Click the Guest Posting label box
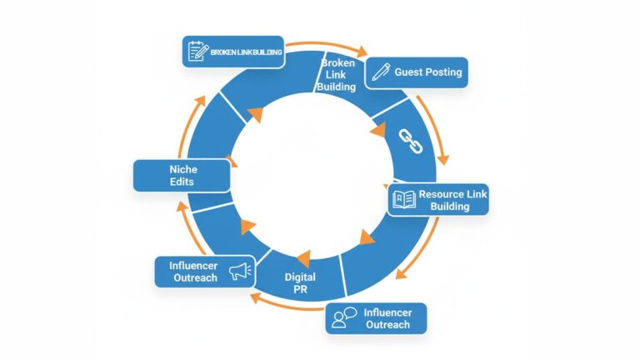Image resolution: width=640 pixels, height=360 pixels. click(x=417, y=72)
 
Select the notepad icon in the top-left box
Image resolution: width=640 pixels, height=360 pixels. click(x=197, y=52)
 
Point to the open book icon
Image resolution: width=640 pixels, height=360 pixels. click(x=403, y=200)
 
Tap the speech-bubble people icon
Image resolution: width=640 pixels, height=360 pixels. click(x=342, y=319)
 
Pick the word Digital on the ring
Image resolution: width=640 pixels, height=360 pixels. click(x=301, y=276)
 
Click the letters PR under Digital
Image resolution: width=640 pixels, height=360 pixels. click(x=301, y=289)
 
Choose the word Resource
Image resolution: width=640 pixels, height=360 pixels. click(x=442, y=193)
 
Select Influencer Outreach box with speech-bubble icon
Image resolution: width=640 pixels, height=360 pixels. click(x=376, y=318)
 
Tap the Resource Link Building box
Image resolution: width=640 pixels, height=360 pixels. click(x=437, y=200)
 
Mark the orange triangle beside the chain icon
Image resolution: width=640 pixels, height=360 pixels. click(x=379, y=131)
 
